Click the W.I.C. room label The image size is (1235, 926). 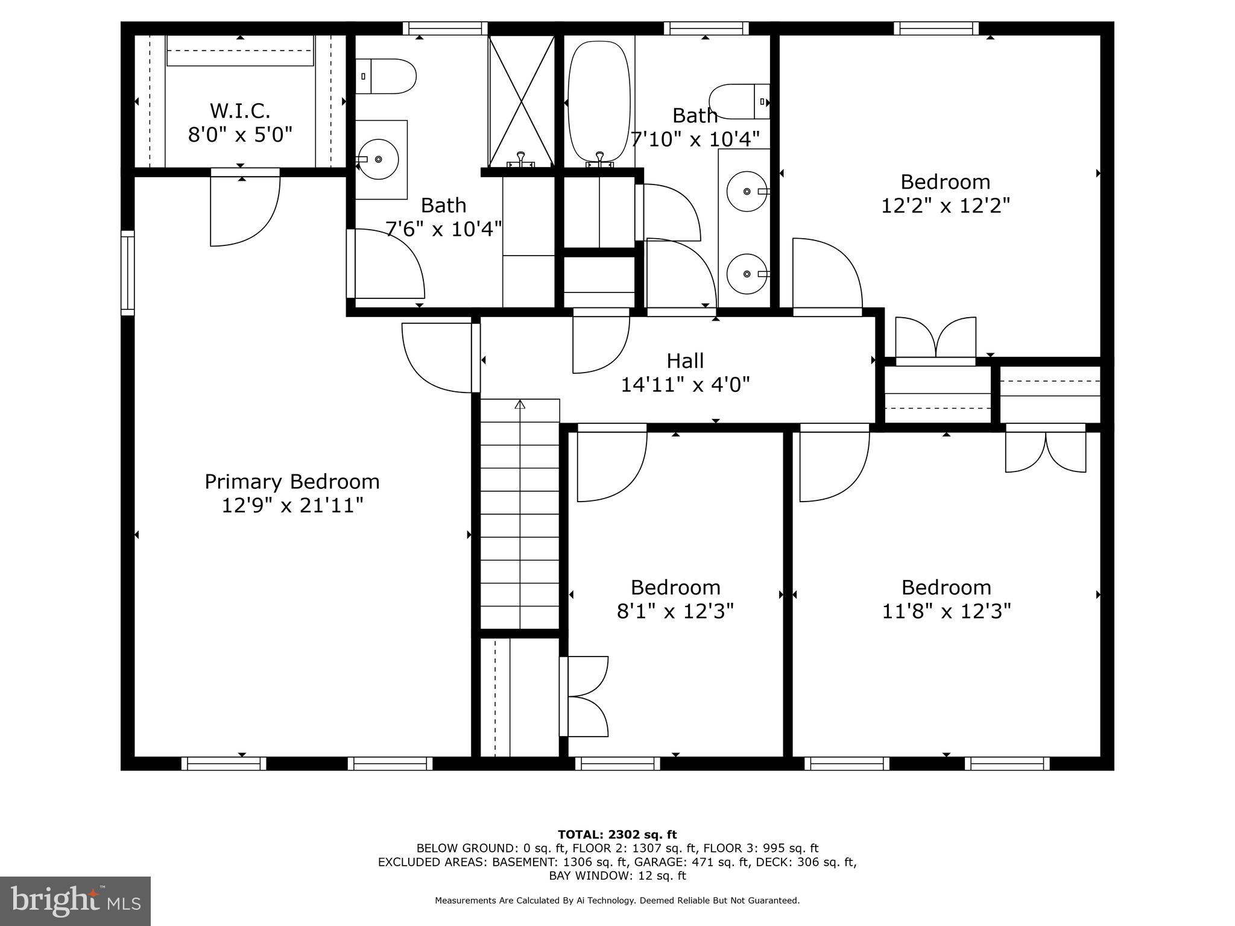[x=240, y=111]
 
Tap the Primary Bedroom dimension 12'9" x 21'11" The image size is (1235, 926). [x=292, y=505]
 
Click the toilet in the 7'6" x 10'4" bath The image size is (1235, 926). [x=386, y=77]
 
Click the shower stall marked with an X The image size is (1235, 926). [x=521, y=101]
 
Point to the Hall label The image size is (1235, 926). [x=685, y=361]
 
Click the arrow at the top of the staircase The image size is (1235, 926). [x=520, y=405]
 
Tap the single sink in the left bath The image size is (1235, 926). [x=379, y=159]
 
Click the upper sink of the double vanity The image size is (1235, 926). [x=747, y=191]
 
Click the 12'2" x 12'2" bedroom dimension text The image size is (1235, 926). [x=945, y=206]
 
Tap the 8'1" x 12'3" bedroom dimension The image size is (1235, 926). [x=675, y=611]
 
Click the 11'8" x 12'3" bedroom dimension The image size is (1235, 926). [x=946, y=611]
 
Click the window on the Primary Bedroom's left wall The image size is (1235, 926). [x=127, y=272]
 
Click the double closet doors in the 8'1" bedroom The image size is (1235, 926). [x=585, y=696]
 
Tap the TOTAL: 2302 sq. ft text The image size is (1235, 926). [x=617, y=834]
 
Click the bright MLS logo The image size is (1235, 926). [x=75, y=901]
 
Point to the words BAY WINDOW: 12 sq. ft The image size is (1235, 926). [x=617, y=875]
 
